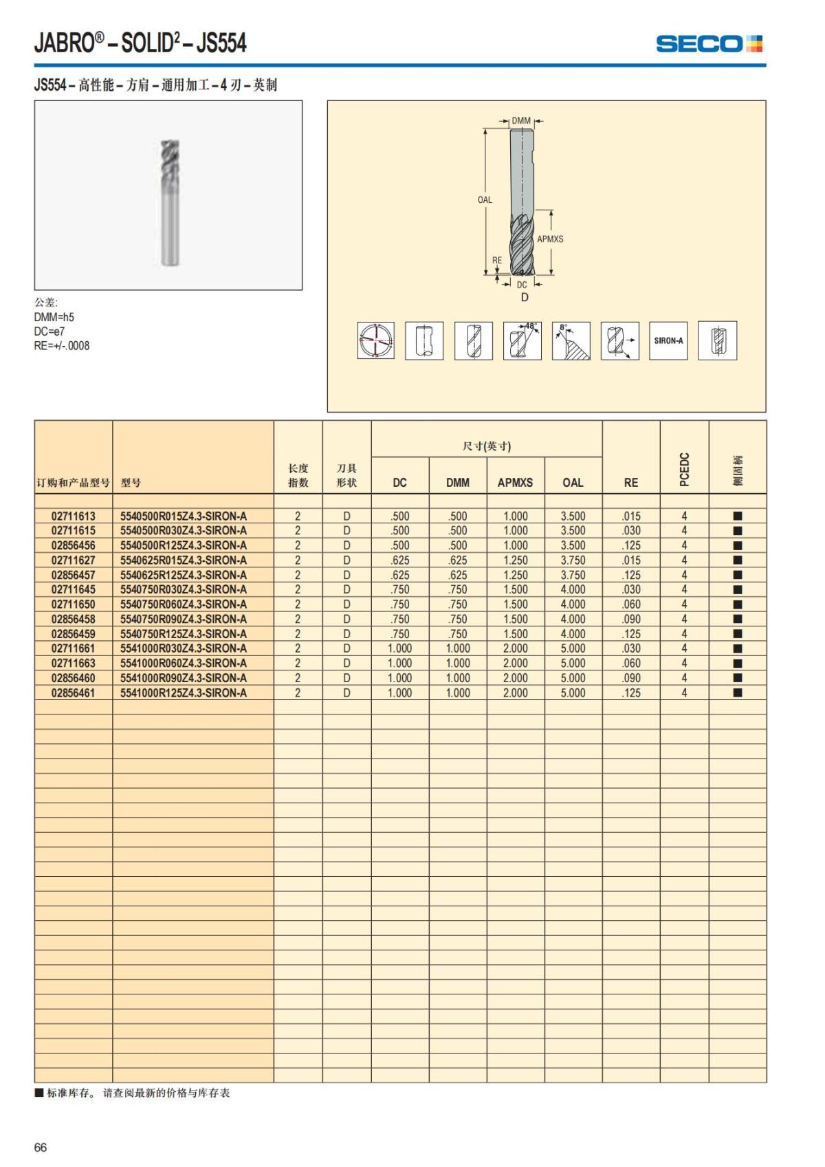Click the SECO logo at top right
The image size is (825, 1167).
pos(709,44)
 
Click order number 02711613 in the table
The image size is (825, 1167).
pos(74,516)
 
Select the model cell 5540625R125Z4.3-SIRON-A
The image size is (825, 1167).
pos(184,575)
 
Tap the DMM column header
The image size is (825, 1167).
pos(457,483)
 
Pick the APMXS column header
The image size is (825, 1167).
pos(515,483)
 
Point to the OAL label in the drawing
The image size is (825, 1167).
pos(485,200)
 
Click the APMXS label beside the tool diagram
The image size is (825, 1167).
pos(550,239)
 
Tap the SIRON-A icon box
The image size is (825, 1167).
pos(668,340)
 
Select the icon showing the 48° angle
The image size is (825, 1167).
pos(522,340)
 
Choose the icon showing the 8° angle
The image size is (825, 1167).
pos(571,340)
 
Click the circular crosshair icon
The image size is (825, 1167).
pos(375,340)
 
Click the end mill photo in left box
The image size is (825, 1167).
pos(168,203)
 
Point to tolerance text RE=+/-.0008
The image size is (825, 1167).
pos(62,346)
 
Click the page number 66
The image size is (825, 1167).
pos(41,1147)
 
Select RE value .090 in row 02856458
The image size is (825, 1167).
pos(630,619)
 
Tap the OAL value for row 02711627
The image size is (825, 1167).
pos(573,560)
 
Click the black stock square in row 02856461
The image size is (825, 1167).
pos(738,692)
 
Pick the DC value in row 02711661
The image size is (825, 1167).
pos(399,648)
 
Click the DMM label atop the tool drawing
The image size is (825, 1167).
pos(521,121)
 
